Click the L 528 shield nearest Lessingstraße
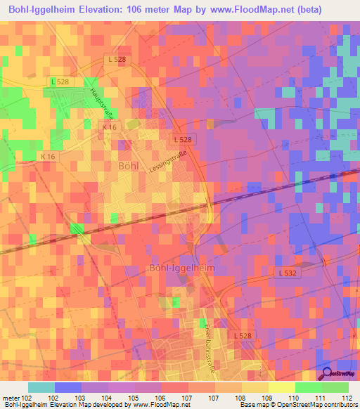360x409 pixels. (x=184, y=139)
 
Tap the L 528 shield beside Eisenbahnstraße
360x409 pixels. (x=240, y=336)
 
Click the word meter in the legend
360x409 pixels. (x=11, y=398)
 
